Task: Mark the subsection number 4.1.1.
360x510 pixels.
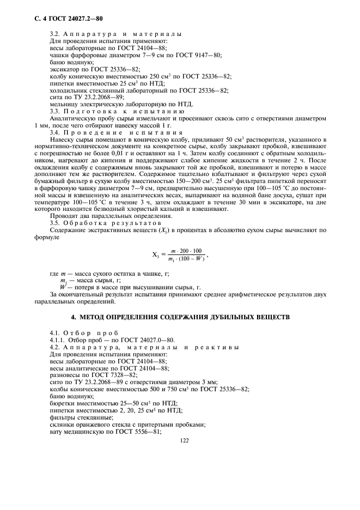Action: coord(58,338)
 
